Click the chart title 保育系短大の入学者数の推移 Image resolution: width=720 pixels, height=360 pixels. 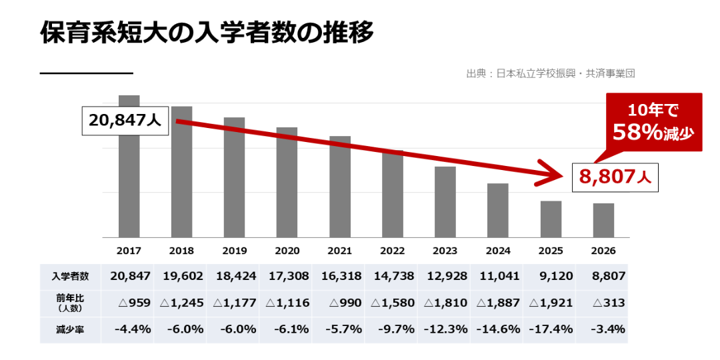[x=207, y=33]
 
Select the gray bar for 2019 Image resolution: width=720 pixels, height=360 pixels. [x=234, y=177]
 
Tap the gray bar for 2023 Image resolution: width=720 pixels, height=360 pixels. [x=445, y=202]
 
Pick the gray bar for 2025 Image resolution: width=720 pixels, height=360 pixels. [x=551, y=219]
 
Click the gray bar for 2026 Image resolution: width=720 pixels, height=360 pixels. [x=603, y=221]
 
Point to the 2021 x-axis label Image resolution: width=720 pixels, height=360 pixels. [x=340, y=251]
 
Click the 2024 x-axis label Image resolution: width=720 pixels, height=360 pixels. [x=498, y=251]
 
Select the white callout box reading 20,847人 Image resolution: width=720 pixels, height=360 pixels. [x=125, y=121]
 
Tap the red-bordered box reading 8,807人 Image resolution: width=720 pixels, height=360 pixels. [x=615, y=177]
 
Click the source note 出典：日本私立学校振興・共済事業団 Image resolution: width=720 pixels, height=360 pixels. [x=551, y=73]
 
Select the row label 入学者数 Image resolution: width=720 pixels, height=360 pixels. [x=70, y=277]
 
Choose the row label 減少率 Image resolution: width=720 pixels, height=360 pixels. [x=70, y=330]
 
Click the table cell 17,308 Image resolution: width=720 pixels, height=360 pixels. [x=287, y=277]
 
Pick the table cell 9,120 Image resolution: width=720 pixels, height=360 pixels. [x=556, y=277]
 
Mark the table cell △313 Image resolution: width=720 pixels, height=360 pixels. [x=609, y=303]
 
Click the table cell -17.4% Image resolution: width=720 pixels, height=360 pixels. [x=551, y=330]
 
